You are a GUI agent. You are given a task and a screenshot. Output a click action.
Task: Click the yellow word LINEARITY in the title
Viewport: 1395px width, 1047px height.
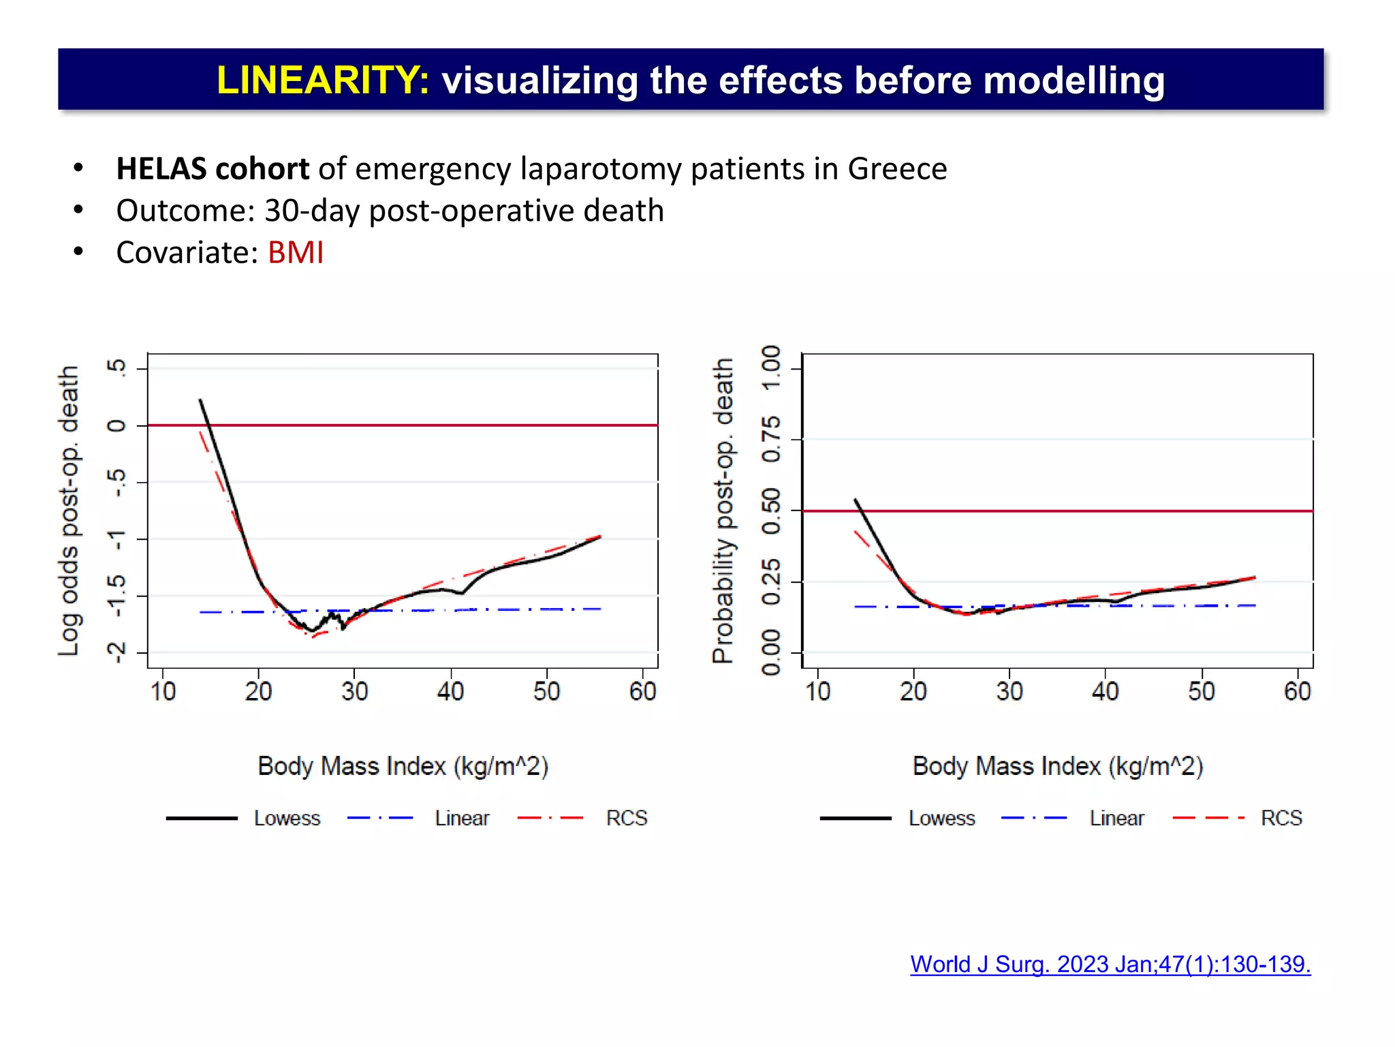[x=322, y=80]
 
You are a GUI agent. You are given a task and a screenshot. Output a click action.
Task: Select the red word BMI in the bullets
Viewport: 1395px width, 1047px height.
[x=295, y=253]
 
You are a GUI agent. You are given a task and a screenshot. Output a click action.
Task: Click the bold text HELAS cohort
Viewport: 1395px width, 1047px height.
[x=213, y=169]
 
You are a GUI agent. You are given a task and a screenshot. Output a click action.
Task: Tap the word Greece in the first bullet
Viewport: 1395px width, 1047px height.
[x=897, y=169]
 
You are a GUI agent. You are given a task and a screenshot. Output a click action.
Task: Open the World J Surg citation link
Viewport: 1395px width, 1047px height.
[x=1110, y=964]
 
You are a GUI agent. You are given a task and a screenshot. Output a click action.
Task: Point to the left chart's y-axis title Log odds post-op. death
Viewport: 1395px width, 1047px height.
[x=68, y=511]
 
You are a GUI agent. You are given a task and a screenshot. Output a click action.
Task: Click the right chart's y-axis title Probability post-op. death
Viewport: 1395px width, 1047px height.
[x=723, y=511]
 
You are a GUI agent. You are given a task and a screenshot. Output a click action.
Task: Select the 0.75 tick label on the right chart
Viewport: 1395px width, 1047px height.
[x=771, y=440]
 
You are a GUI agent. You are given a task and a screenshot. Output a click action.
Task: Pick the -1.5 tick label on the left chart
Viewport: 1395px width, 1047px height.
[x=116, y=596]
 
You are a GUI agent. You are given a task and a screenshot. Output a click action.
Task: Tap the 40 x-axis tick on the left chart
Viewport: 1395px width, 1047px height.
[x=450, y=692]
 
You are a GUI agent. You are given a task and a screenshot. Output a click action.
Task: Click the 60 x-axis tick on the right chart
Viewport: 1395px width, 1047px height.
[x=1297, y=692]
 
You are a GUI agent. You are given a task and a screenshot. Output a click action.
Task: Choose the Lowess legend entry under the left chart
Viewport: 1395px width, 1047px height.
[x=287, y=818]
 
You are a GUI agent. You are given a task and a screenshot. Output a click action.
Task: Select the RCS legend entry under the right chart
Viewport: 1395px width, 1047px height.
[x=1281, y=818]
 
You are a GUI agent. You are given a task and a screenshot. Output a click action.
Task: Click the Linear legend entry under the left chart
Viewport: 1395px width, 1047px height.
[x=462, y=818]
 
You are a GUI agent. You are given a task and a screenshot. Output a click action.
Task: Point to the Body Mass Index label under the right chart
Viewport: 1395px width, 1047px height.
[x=1057, y=766]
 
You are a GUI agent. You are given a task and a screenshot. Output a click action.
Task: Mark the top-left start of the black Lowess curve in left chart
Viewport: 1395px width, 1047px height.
[x=200, y=401]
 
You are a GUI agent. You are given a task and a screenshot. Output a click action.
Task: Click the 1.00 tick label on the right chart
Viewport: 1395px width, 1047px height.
[x=771, y=368]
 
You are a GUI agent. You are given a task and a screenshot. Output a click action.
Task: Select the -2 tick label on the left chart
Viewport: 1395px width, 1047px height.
[x=116, y=653]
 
